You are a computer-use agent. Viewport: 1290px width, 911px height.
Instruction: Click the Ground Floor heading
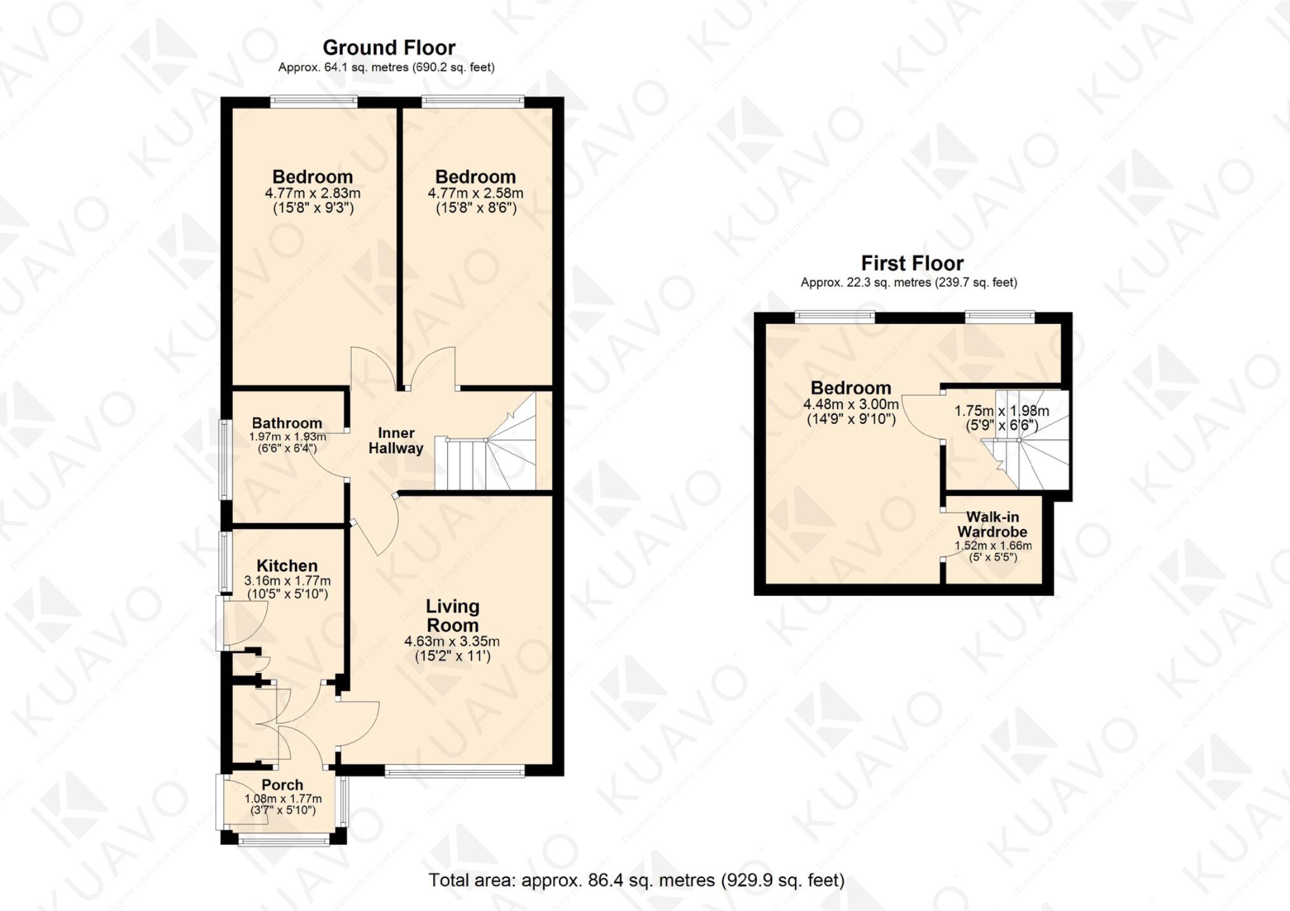(389, 48)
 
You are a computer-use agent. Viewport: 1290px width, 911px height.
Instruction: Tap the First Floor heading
(912, 263)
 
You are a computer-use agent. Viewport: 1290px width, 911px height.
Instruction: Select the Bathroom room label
(287, 423)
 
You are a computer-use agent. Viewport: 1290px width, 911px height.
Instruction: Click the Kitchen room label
(287, 565)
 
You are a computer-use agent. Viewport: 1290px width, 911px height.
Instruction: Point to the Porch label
(282, 785)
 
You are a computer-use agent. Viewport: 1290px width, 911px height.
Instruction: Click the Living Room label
(452, 616)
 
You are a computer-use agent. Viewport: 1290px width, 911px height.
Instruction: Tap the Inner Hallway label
(396, 441)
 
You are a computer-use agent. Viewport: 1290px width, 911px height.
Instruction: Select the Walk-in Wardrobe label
(992, 525)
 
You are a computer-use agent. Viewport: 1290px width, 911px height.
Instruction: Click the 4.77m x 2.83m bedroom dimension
(313, 193)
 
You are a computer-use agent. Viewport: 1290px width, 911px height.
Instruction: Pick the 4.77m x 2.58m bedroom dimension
(475, 193)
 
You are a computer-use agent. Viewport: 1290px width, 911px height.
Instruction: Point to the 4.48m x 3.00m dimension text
(850, 404)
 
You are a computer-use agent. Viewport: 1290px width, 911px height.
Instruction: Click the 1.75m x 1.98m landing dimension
(1001, 411)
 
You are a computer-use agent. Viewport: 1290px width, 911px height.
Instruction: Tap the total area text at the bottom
(636, 880)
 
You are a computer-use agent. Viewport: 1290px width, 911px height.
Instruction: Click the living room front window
(454, 772)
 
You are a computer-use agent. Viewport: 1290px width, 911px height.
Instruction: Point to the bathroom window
(224, 458)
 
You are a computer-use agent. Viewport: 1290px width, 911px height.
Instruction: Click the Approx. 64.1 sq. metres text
(386, 67)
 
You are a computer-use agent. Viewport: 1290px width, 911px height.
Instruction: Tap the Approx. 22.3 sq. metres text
(908, 283)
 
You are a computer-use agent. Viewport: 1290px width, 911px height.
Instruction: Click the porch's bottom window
(283, 840)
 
